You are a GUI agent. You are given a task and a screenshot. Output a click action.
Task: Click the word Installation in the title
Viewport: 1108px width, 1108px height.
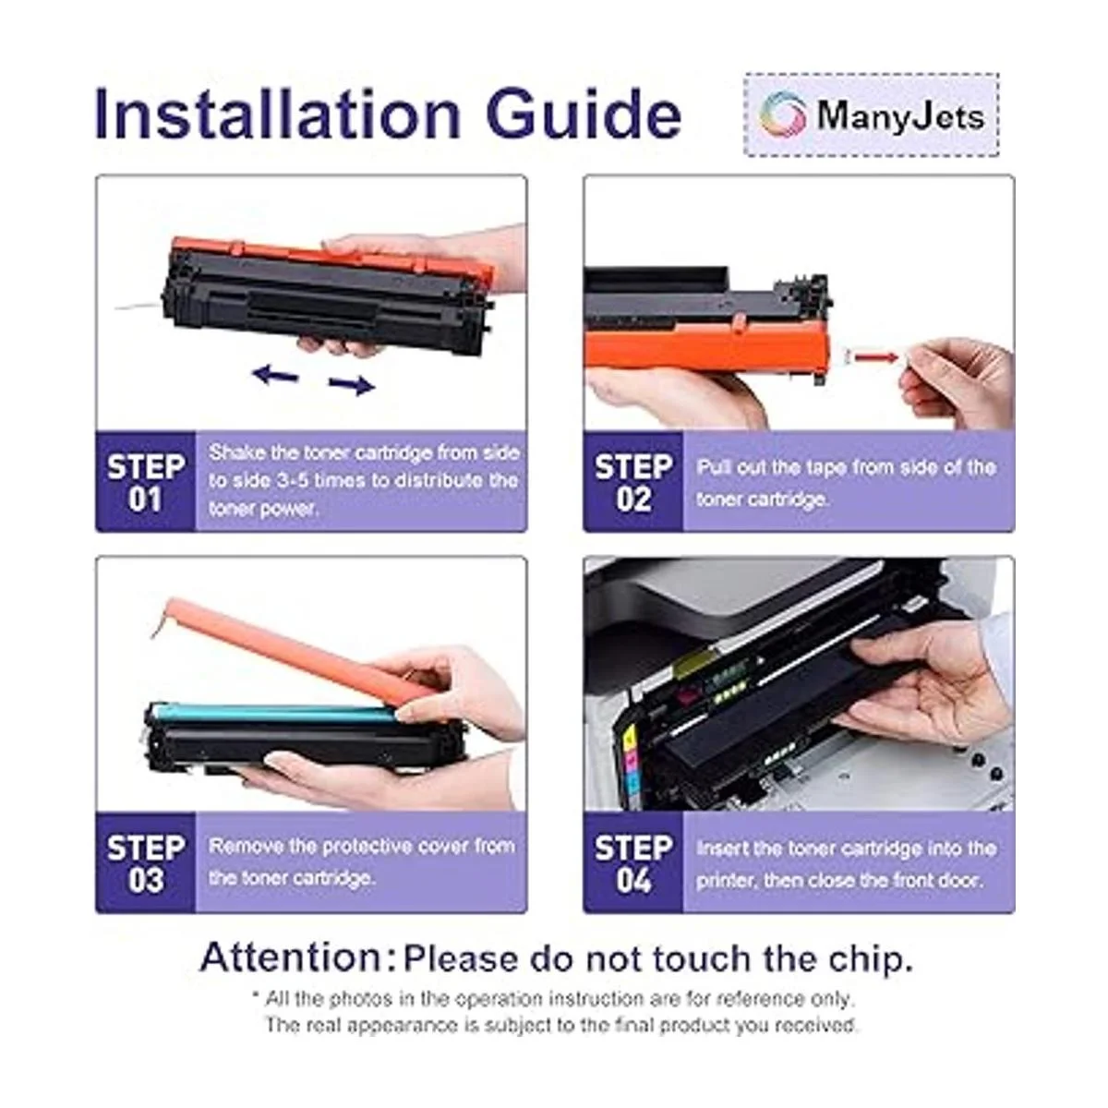pos(277,113)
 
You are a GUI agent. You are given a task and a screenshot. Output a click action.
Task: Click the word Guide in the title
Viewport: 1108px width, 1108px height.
pos(584,113)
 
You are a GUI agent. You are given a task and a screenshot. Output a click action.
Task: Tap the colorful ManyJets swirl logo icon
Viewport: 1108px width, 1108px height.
pos(782,114)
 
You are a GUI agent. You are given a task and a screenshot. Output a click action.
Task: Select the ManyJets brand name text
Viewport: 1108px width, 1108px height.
pos(900,115)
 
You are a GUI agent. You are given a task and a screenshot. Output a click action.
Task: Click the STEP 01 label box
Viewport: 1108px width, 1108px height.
pos(146,482)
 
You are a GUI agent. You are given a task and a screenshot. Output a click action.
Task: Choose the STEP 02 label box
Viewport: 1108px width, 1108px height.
pos(633,482)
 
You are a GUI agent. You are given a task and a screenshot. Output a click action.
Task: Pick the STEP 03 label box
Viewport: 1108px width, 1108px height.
pos(146,862)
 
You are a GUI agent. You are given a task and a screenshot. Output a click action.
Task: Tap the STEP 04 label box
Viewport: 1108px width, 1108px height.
pos(633,862)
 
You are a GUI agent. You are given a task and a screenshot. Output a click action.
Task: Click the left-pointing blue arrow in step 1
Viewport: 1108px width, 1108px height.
pos(275,375)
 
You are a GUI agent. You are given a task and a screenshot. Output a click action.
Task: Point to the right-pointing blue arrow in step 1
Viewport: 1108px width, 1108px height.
pos(352,385)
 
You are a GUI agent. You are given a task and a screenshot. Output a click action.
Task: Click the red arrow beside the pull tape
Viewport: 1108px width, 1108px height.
pos(875,357)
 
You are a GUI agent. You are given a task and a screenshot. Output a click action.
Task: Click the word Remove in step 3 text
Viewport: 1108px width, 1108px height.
pos(246,846)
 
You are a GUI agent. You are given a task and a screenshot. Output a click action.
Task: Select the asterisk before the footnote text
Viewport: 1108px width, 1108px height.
pos(256,995)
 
